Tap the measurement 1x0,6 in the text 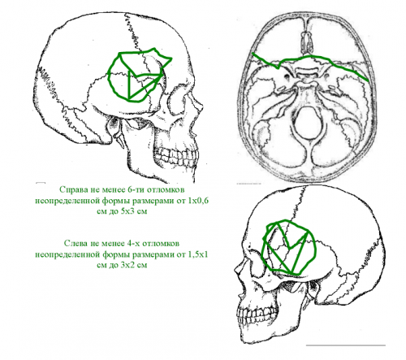198,201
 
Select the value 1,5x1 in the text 197,254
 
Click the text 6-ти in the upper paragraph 136,189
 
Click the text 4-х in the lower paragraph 133,243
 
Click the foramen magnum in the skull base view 308,122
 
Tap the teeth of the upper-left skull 175,157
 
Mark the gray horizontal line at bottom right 346,345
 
